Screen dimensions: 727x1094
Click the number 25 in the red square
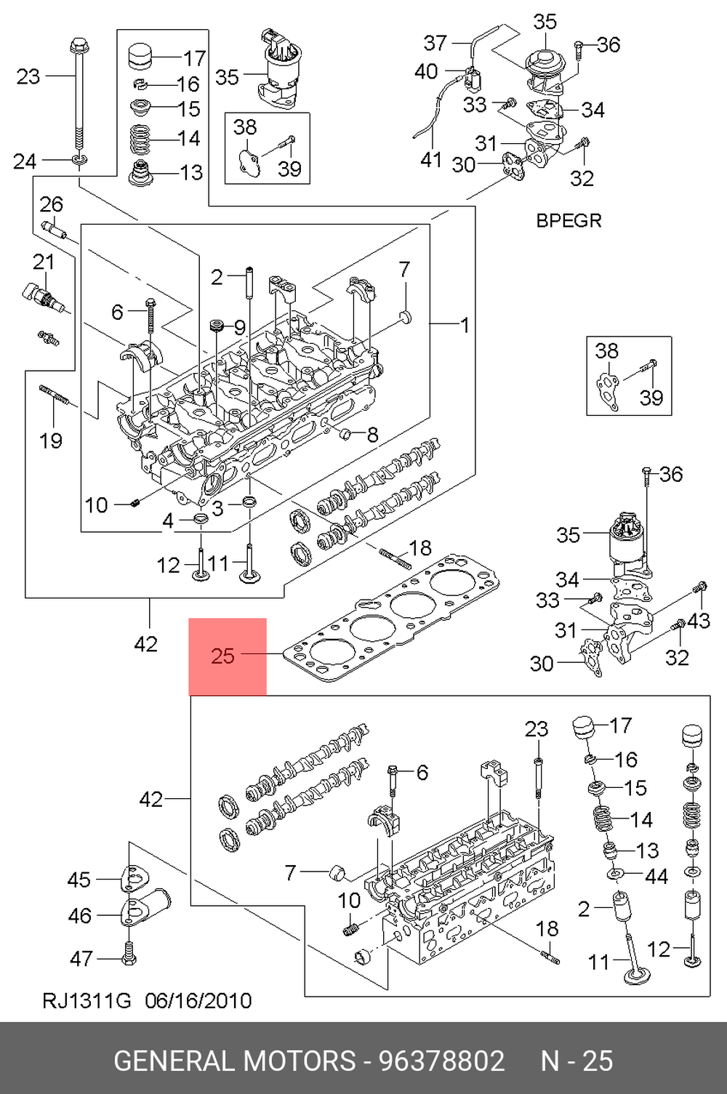click(x=222, y=656)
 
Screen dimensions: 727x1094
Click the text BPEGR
click(x=569, y=221)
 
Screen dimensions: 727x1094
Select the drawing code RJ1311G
click(x=87, y=1001)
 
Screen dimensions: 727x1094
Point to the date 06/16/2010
click(x=198, y=1001)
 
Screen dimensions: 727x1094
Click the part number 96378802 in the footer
click(x=442, y=1061)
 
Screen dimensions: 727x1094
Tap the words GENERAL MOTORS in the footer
click(x=235, y=1061)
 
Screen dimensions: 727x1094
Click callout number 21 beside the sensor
click(x=44, y=262)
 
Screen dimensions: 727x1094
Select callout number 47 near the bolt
click(x=81, y=959)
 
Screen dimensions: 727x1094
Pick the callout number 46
click(x=80, y=916)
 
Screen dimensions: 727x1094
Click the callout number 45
click(x=79, y=880)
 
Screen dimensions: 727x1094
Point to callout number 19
click(x=51, y=441)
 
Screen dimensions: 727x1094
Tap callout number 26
click(x=52, y=204)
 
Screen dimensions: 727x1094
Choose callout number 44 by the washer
click(x=656, y=877)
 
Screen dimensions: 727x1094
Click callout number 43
click(x=698, y=621)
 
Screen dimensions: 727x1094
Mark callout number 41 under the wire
click(x=430, y=160)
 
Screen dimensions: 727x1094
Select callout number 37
click(x=435, y=43)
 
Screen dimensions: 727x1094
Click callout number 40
click(x=425, y=71)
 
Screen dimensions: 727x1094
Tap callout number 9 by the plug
click(x=239, y=327)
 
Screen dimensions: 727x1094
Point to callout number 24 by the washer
click(x=25, y=161)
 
